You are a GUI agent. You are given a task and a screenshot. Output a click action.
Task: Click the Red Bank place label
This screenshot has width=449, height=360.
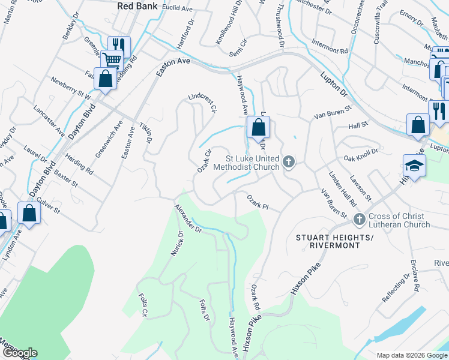(x=137, y=6)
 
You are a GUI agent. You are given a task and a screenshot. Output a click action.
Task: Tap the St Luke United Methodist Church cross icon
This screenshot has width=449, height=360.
(x=289, y=161)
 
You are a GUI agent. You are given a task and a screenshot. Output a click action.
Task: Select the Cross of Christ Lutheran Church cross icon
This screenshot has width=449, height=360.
(x=360, y=220)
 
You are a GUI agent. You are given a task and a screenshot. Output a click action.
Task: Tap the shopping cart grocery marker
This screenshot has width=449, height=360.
(x=111, y=59)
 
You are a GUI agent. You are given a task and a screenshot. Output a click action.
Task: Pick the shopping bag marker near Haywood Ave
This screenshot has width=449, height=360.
(x=258, y=127)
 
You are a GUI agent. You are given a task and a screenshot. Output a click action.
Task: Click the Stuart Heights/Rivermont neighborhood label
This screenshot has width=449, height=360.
(x=336, y=241)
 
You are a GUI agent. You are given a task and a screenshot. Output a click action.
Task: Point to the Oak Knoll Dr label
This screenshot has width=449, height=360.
(x=361, y=155)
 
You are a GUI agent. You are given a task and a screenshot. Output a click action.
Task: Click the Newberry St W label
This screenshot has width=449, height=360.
(x=71, y=88)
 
